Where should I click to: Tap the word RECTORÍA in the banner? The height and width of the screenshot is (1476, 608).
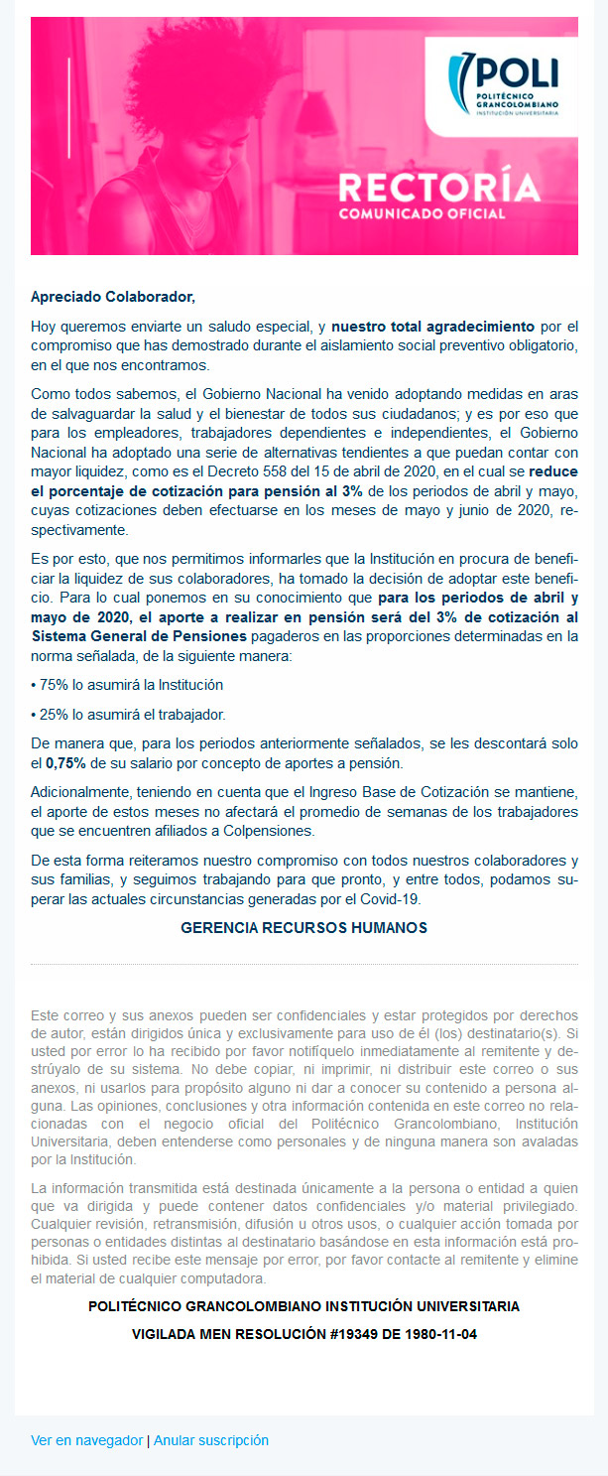(x=438, y=188)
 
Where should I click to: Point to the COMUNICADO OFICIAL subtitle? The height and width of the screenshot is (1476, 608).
(x=422, y=213)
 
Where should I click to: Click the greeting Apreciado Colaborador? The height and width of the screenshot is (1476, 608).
(x=113, y=296)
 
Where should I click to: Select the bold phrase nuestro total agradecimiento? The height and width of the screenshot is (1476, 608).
(x=433, y=326)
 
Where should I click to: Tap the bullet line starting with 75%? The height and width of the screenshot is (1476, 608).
(x=129, y=685)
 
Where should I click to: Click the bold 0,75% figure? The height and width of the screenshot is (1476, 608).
(x=65, y=764)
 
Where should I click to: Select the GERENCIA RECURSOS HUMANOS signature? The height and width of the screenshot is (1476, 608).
(x=304, y=928)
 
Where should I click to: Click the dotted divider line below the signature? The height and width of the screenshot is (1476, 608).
(x=304, y=965)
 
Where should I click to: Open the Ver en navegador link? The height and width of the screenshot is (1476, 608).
(x=87, y=1440)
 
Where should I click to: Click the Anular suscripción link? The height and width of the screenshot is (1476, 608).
(x=211, y=1440)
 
